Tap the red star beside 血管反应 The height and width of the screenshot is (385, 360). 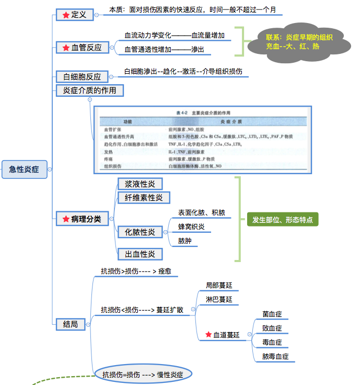point(65,48)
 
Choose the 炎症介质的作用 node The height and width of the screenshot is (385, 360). point(90,90)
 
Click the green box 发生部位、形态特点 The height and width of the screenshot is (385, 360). point(282,220)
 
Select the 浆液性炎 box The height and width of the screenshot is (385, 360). point(140,184)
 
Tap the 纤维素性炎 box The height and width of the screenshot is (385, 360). point(144,198)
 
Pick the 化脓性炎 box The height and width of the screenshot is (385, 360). point(140,232)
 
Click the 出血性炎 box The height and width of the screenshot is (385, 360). point(140,254)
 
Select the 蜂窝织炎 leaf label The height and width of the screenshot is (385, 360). point(191,227)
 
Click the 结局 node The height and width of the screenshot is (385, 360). point(71,325)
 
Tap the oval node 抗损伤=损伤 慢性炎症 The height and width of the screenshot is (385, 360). point(143,374)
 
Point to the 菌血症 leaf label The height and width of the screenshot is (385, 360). point(272,314)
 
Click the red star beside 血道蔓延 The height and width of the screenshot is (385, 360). point(208,335)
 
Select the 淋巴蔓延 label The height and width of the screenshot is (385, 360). point(219,300)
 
